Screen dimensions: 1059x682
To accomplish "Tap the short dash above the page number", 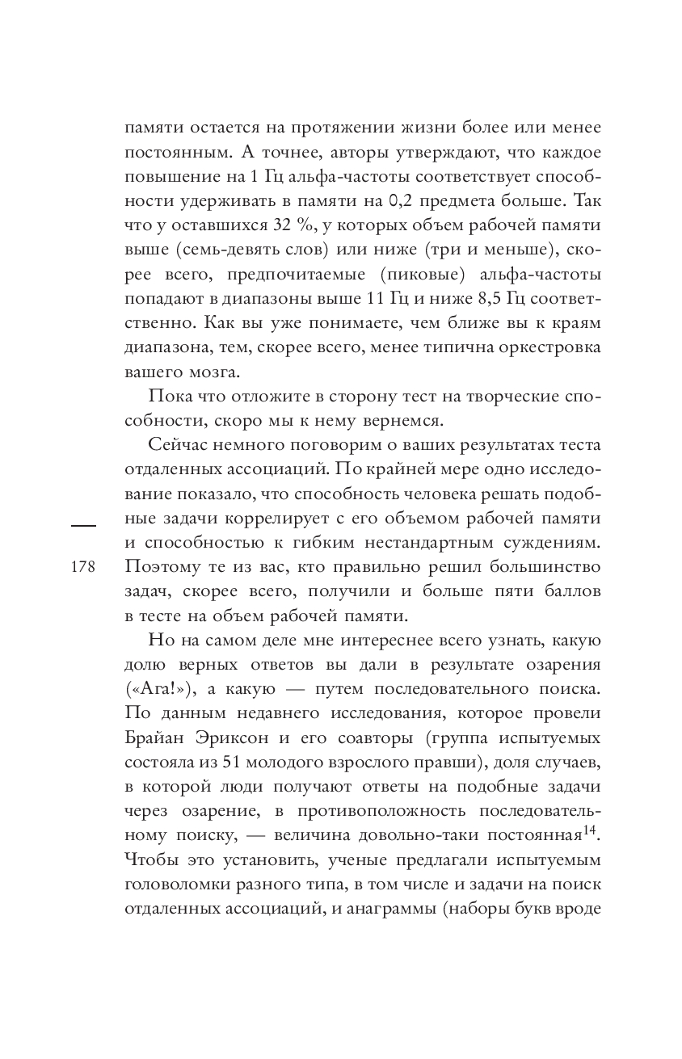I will pos(84,526).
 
